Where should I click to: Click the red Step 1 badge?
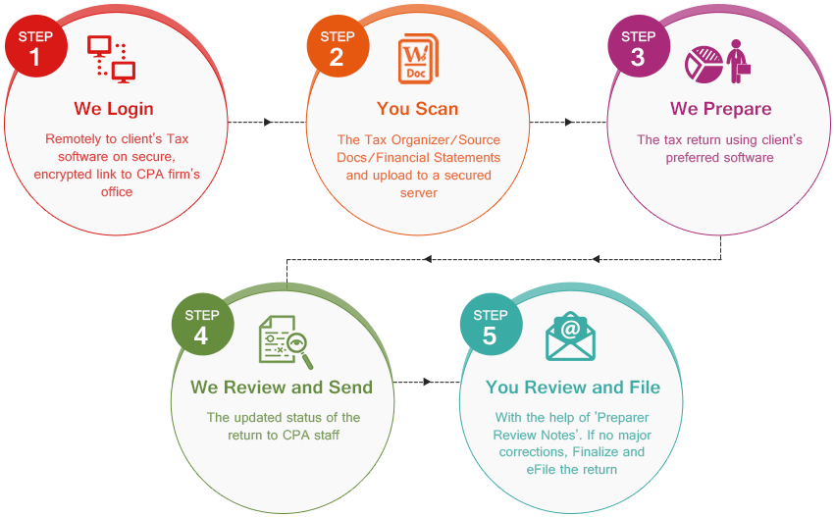point(36,46)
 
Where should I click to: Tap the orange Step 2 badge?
point(338,46)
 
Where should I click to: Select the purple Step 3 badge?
point(639,46)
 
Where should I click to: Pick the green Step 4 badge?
point(203,325)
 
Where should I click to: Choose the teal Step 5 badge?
point(492,325)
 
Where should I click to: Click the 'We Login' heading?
point(114,109)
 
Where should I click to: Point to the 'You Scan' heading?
point(418,109)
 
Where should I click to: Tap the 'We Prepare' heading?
point(721,109)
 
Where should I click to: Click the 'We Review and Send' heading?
point(282,388)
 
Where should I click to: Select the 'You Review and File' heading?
point(573,388)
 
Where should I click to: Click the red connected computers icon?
point(112,59)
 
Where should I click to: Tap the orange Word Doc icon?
point(418,59)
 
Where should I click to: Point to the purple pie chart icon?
point(704,65)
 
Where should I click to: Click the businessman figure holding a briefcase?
point(739,61)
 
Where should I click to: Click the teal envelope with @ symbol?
point(570,336)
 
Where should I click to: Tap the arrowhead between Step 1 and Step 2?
point(268,123)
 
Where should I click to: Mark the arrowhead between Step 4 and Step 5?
point(427,382)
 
